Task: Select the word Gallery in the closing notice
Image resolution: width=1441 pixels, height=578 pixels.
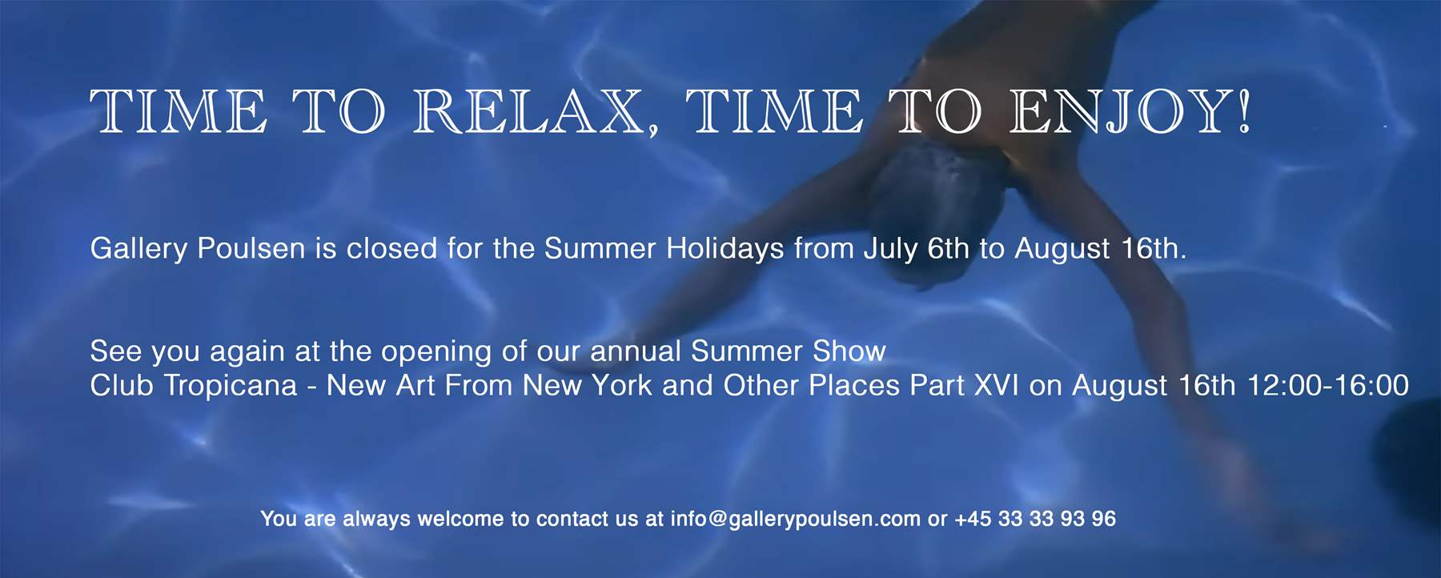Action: click(138, 249)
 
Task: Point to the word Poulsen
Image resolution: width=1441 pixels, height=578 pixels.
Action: click(251, 248)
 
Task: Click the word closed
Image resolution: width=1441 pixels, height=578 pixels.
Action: click(391, 248)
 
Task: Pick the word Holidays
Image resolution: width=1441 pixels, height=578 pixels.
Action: click(725, 249)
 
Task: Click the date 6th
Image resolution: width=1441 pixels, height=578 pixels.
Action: click(948, 248)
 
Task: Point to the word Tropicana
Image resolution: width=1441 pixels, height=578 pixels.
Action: click(231, 386)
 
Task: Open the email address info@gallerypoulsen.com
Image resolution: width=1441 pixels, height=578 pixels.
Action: click(795, 520)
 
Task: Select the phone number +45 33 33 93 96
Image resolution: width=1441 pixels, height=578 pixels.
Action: click(1035, 519)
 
